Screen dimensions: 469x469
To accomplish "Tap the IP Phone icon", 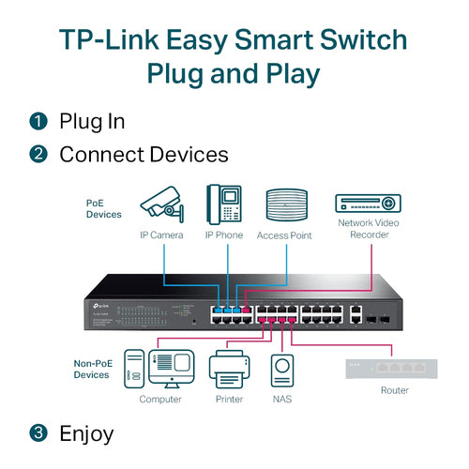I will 224,203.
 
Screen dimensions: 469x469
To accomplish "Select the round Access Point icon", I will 284,204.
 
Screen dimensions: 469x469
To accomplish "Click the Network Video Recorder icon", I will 368,202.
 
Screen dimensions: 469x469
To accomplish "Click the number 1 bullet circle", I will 38,121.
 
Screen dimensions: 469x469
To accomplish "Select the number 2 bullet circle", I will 38,154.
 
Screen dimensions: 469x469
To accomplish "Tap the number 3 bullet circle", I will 38,433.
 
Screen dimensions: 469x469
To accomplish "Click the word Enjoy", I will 86,433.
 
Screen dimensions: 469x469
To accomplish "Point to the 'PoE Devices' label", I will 104,208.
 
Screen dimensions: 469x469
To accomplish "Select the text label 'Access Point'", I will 284,235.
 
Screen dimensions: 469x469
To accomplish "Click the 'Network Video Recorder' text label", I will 368,229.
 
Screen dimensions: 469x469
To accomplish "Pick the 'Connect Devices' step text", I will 144,154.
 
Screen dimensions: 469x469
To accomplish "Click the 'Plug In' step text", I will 92,121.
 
